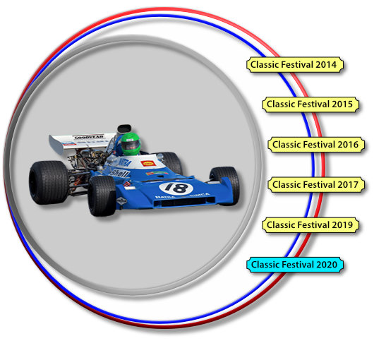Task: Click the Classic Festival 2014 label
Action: tap(295, 65)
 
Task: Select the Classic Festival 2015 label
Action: tap(310, 104)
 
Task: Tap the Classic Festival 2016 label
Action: tap(316, 145)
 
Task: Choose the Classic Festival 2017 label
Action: tap(316, 185)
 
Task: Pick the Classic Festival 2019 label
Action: tap(310, 224)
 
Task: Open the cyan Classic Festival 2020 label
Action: tap(295, 265)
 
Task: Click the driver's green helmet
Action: tap(131, 144)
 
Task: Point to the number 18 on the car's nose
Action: tap(176, 188)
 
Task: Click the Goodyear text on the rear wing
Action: tap(89, 137)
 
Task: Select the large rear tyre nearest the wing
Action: tap(49, 182)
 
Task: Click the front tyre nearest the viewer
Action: tap(102, 196)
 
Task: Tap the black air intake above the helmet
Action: tap(124, 128)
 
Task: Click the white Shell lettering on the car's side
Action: tap(119, 173)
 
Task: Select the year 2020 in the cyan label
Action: tap(327, 265)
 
